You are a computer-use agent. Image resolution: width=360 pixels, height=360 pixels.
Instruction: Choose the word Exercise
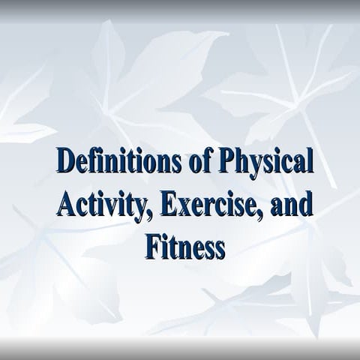pyautogui.click(x=204, y=204)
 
